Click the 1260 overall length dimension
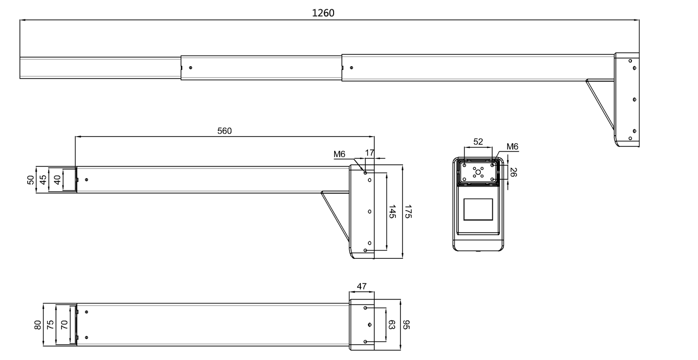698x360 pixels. pyautogui.click(x=323, y=13)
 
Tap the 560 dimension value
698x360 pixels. pyautogui.click(x=224, y=130)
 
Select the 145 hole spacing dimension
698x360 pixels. pyautogui.click(x=392, y=212)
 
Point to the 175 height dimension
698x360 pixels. pyautogui.click(x=408, y=212)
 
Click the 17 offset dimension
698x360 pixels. pyautogui.click(x=370, y=152)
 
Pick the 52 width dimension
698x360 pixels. pyautogui.click(x=478, y=142)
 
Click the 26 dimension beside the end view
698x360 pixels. pyautogui.click(x=513, y=172)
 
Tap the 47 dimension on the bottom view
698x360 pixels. pyautogui.click(x=362, y=287)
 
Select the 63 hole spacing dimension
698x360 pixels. pyautogui.click(x=392, y=325)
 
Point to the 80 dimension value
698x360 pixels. pyautogui.click(x=37, y=325)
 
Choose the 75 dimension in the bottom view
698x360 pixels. pyautogui.click(x=50, y=325)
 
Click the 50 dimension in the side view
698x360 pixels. pyautogui.click(x=31, y=179)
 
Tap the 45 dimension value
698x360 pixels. pyautogui.click(x=44, y=179)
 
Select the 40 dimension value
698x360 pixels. pyautogui.click(x=57, y=179)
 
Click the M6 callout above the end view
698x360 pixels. pyautogui.click(x=512, y=146)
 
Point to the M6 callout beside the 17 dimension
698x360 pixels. pyautogui.click(x=339, y=154)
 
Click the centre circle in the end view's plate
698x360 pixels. pyautogui.click(x=478, y=173)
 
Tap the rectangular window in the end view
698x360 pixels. pyautogui.click(x=478, y=210)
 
